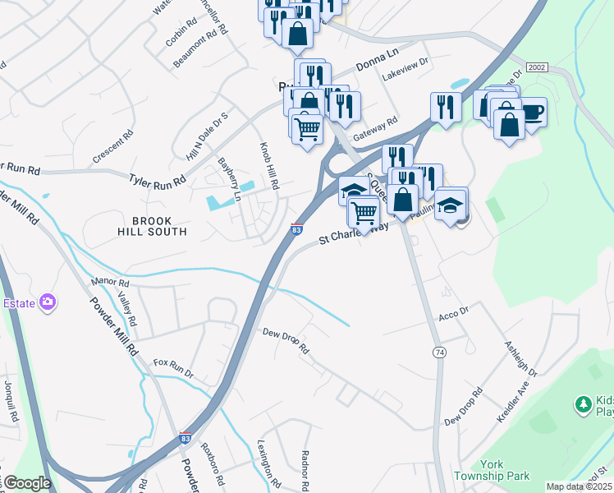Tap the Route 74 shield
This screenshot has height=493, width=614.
coord(439,352)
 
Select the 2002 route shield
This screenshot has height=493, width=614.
coord(537,67)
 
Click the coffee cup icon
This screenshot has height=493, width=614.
coord(533,111)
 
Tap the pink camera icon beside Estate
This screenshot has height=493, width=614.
coord(48,302)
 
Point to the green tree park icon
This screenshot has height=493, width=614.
coord(583,403)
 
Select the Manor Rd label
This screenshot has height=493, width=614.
coord(112,282)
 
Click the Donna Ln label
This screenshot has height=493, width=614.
coord(376,65)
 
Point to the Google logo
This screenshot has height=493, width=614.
coord(28,483)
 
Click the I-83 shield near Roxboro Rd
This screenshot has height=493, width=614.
coord(186,439)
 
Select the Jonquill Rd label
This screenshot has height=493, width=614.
coord(11,405)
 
